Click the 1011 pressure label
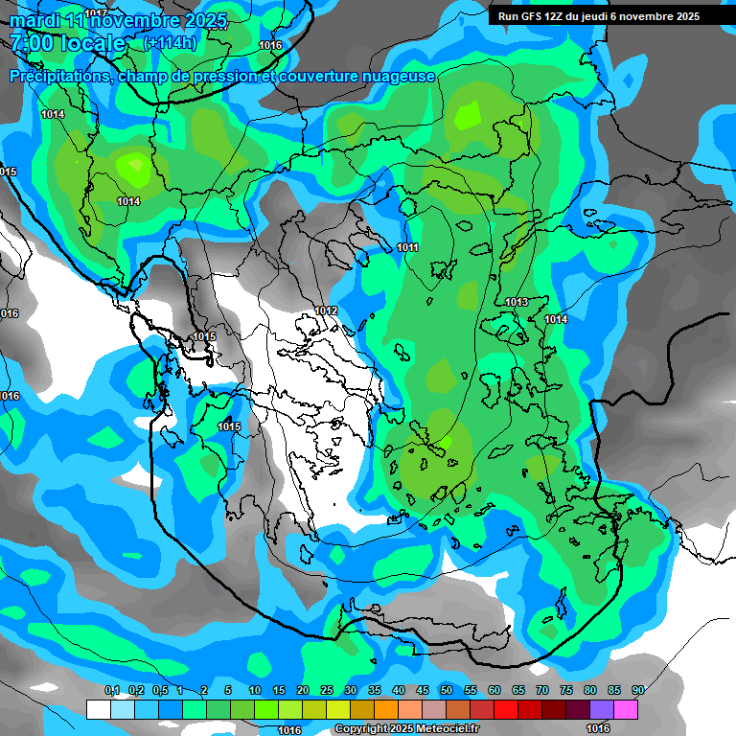[x=408, y=248]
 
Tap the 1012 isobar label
[x=326, y=310]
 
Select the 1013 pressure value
[x=517, y=303]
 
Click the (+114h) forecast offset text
[x=170, y=43]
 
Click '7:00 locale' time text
[x=67, y=43]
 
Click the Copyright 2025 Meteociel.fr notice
[x=406, y=729]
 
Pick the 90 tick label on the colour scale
[x=637, y=691]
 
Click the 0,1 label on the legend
[x=111, y=691]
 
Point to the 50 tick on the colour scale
[x=447, y=691]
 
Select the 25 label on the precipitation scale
[x=327, y=691]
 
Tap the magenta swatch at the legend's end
[x=625, y=709]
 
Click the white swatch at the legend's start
[x=98, y=709]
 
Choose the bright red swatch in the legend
[x=505, y=709]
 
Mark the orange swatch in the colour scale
[x=385, y=709]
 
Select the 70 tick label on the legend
[x=542, y=691]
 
